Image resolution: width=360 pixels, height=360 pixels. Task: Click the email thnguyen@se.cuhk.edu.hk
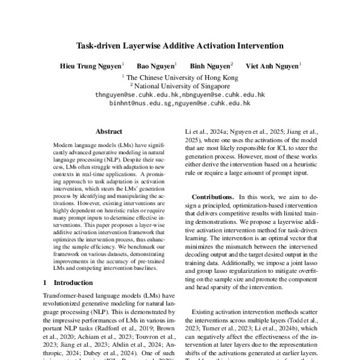[x=137, y=95]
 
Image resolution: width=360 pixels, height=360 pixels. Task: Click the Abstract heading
[x=109, y=131]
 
